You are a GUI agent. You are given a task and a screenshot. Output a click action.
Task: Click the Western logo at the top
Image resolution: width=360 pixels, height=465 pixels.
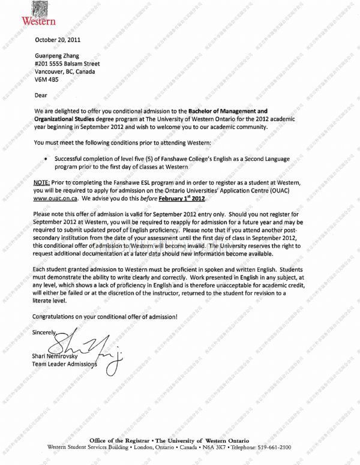[x=40, y=14]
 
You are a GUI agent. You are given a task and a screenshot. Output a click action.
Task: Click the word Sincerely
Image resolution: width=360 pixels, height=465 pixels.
[x=46, y=332]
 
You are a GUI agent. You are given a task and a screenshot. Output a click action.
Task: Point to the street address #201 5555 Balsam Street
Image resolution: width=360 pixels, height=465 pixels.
[x=67, y=64]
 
